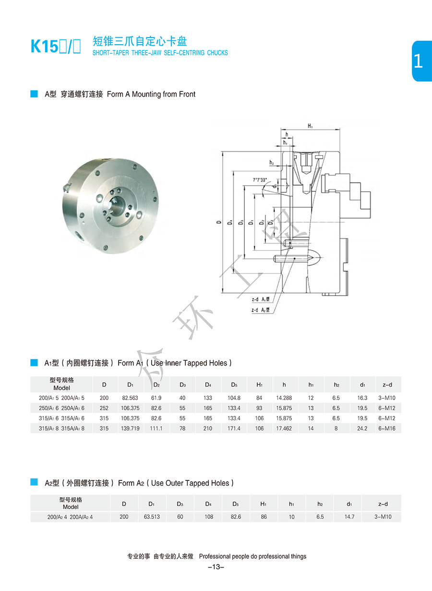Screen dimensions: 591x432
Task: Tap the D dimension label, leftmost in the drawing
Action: [x=218, y=222]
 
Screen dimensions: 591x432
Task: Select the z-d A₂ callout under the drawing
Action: [x=260, y=310]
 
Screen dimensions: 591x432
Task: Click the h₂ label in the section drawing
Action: [x=272, y=163]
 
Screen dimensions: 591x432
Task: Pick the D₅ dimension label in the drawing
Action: [x=241, y=222]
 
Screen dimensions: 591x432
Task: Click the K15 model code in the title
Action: [x=44, y=46]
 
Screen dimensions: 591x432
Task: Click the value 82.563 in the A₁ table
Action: [x=130, y=398]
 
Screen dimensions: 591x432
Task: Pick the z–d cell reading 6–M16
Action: [x=386, y=428]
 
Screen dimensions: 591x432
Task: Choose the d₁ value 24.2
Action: [x=362, y=428]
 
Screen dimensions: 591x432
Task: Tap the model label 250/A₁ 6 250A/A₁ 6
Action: [x=61, y=408]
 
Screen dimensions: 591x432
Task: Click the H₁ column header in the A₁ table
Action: [x=259, y=385]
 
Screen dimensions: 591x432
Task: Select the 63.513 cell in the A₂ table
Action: [x=152, y=517]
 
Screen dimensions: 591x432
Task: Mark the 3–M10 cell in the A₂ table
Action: [x=383, y=517]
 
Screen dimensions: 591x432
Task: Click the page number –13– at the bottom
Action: [x=216, y=567]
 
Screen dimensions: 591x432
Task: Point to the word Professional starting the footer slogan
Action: [x=215, y=556]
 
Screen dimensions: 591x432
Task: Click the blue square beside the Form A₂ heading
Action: [x=34, y=482]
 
